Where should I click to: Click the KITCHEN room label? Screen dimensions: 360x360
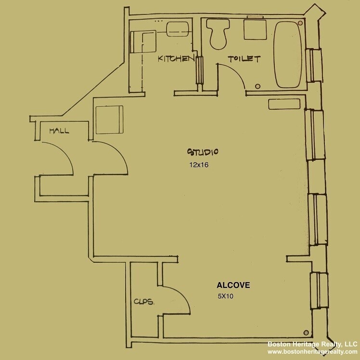[176, 59]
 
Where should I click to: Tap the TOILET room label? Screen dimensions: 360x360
[244, 59]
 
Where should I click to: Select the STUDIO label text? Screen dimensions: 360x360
[203, 152]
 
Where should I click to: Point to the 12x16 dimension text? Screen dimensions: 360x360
[198, 165]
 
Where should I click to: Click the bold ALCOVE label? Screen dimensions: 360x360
[233, 285]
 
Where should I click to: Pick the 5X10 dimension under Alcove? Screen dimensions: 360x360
[225, 296]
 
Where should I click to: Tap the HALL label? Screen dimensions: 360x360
[59, 130]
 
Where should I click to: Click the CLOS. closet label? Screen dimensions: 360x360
[144, 302]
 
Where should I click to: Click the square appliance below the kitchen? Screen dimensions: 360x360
[109, 119]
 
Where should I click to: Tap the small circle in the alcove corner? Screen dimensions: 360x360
[306, 332]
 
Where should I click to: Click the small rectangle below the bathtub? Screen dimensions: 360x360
[285, 104]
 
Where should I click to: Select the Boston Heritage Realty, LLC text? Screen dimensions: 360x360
[312, 344]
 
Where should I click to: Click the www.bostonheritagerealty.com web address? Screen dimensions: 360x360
[312, 352]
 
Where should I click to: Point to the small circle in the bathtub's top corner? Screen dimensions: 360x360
[301, 23]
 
